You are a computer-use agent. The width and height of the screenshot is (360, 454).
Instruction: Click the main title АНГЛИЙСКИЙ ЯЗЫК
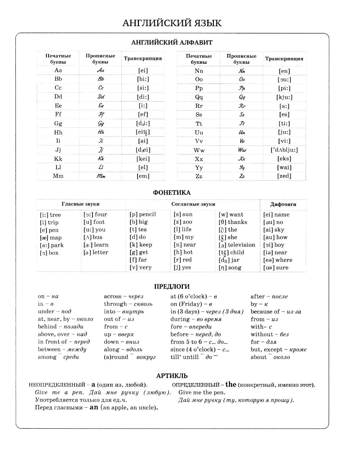(x=172, y=23)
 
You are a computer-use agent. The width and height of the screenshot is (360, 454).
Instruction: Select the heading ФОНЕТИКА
(x=172, y=193)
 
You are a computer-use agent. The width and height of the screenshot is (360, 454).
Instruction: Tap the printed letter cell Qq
(x=199, y=97)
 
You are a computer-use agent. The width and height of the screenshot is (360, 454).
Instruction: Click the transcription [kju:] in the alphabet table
(x=284, y=97)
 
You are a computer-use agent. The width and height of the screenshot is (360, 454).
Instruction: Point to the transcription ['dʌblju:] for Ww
(x=284, y=150)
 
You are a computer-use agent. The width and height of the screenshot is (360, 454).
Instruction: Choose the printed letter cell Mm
(x=58, y=176)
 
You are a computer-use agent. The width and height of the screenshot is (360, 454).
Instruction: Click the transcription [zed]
(x=284, y=176)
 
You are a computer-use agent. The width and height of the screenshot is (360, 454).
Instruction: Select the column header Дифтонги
(x=283, y=204)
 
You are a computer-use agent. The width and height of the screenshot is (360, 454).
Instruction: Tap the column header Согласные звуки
(x=193, y=204)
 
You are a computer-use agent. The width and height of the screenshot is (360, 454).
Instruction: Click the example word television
(x=242, y=245)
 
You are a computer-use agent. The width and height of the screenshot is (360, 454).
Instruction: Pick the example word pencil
(x=148, y=214)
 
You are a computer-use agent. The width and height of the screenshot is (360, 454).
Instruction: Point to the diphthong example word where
(x=284, y=260)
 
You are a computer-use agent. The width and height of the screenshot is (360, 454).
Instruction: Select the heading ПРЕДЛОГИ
(x=172, y=287)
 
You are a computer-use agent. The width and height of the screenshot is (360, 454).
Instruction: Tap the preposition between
(x=49, y=349)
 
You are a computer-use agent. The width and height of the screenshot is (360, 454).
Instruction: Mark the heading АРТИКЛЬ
(x=172, y=376)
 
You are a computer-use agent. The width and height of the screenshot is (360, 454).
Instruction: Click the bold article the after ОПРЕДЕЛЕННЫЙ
(x=231, y=385)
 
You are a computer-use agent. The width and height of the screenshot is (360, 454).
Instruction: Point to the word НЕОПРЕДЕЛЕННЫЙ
(x=57, y=385)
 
